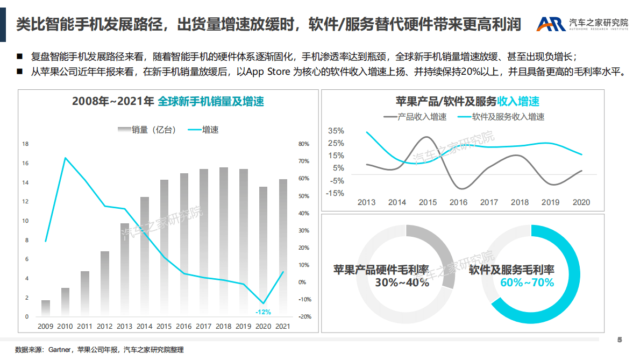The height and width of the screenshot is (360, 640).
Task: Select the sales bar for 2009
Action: pos(46,308)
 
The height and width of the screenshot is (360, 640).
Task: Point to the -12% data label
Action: pos(263,312)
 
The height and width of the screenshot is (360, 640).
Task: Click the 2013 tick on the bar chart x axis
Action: pos(124,326)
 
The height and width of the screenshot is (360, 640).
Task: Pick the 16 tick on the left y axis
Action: pos(25,164)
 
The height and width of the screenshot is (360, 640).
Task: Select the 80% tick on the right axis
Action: pos(304,144)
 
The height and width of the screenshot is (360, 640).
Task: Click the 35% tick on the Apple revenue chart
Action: pos(336,131)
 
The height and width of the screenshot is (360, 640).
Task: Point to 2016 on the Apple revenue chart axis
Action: pos(458,202)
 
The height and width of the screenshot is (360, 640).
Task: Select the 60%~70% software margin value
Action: pos(527,283)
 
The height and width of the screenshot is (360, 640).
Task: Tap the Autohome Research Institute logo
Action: pos(582,24)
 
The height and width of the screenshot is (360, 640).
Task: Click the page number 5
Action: pos(620,340)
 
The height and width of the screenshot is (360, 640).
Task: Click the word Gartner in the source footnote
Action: pos(61,350)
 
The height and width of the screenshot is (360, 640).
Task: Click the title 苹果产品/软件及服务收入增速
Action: pos(467,102)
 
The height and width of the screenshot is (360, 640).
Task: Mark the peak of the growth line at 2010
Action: pos(65,158)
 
